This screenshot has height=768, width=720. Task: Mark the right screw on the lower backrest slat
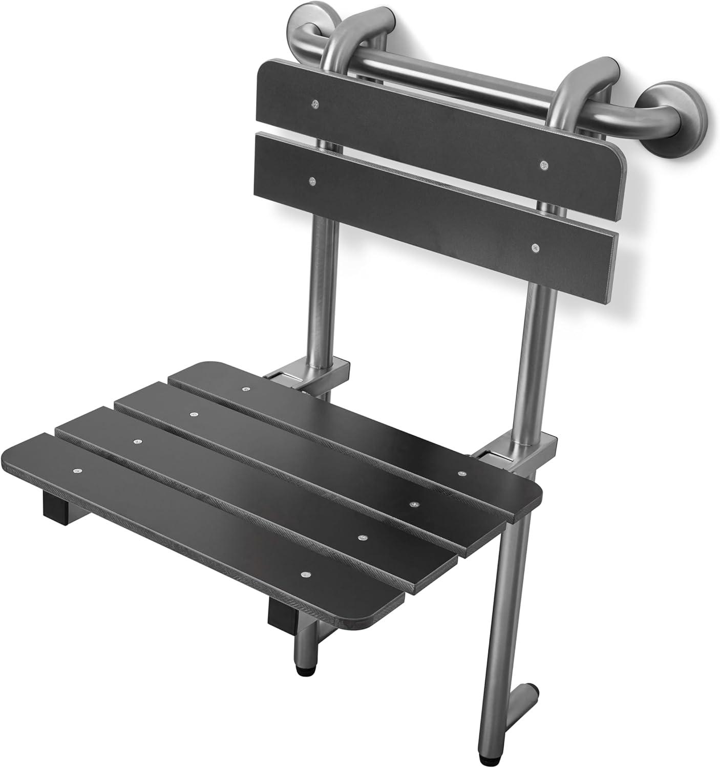[535, 248]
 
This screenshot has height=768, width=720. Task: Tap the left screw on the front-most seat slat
[77, 470]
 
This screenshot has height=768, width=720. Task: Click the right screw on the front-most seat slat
[306, 575]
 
